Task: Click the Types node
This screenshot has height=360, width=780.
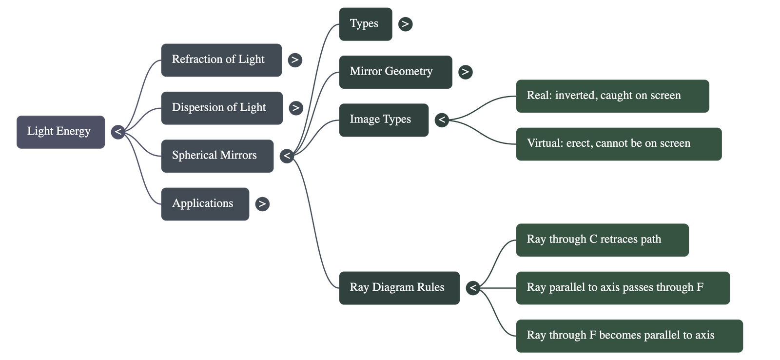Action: click(365, 24)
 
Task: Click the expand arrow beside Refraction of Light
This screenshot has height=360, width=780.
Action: click(294, 60)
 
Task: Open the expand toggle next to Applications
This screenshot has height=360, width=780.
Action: click(262, 204)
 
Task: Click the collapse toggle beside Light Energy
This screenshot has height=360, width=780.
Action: click(118, 132)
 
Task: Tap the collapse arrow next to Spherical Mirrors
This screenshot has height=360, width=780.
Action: click(287, 156)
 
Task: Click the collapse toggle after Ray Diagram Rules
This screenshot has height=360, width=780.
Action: click(472, 288)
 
